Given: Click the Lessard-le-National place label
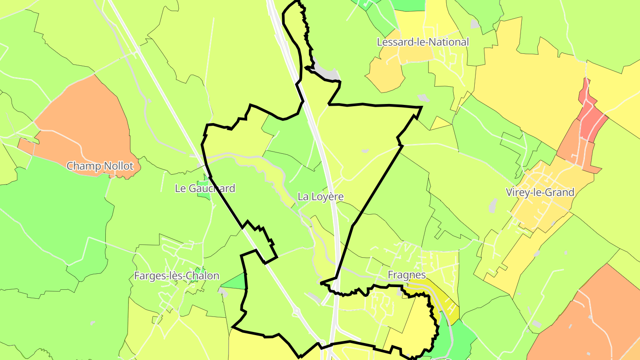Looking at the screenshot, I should (x=422, y=42).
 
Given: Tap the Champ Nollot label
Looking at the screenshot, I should (x=100, y=166).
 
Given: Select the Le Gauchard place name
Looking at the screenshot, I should (x=205, y=188).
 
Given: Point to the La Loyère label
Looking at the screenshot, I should (x=320, y=196).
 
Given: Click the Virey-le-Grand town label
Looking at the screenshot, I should (x=540, y=192).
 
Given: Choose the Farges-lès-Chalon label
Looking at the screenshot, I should (x=176, y=276).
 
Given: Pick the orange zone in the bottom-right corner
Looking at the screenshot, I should (x=587, y=320).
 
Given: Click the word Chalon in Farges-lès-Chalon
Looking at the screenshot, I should (x=203, y=276).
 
